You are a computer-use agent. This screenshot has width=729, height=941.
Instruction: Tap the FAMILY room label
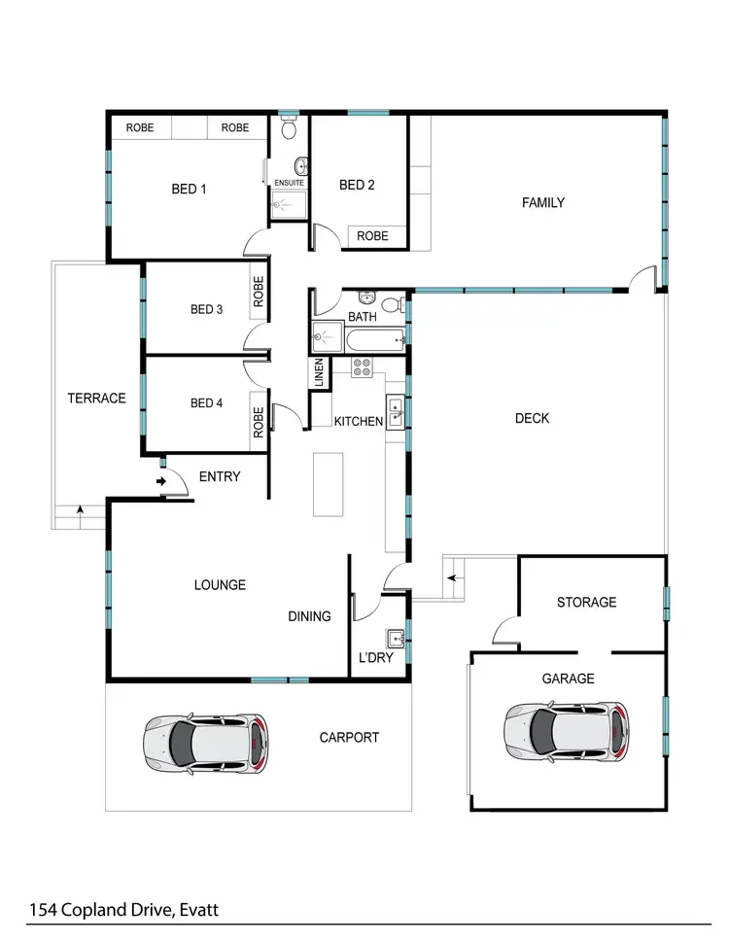(542, 203)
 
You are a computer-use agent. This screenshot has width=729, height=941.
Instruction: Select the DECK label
(532, 418)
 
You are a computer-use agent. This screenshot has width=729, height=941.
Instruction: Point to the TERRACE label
(96, 398)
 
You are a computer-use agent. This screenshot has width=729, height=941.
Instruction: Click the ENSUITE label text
(289, 183)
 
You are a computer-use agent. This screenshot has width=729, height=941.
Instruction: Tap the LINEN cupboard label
(318, 373)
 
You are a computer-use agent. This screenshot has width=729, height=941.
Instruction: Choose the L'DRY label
(375, 659)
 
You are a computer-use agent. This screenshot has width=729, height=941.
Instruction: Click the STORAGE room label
(586, 602)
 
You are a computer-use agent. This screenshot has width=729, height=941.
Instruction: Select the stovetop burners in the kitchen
(362, 366)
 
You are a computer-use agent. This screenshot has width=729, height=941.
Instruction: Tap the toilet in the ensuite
(289, 128)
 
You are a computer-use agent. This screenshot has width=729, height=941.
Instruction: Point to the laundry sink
(394, 639)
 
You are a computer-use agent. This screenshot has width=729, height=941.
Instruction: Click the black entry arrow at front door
(160, 480)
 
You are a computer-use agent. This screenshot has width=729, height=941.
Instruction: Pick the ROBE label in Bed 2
(372, 236)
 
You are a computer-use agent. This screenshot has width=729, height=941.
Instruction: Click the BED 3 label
(206, 310)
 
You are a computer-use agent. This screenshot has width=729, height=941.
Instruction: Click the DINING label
(309, 616)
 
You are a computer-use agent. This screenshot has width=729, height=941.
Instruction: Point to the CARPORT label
(349, 738)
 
